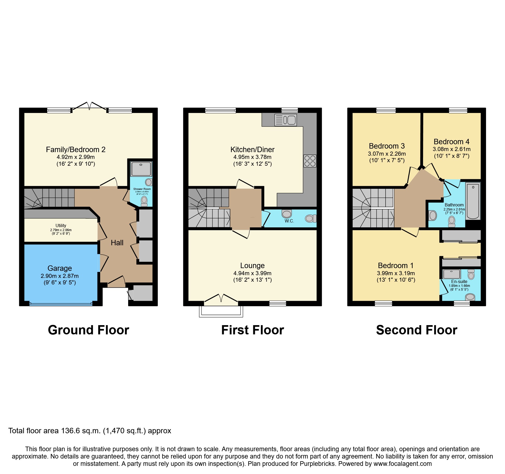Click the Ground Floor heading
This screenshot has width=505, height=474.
point(89,330)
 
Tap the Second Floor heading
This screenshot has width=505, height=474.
point(416,330)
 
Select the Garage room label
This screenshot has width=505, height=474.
point(60,268)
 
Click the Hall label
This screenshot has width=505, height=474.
point(117,243)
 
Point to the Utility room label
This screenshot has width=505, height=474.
point(61,225)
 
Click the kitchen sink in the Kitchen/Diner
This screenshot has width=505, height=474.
point(286,120)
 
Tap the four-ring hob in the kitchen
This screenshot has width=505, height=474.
point(310,161)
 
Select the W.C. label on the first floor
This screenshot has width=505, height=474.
point(289,221)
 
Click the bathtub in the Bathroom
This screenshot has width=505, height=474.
point(473,201)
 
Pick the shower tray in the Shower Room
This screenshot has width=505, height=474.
point(141,169)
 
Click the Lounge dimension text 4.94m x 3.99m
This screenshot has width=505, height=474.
point(252,273)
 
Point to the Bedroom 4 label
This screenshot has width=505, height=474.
point(452,142)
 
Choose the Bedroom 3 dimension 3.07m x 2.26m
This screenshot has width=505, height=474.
point(387,154)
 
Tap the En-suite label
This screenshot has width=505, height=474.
point(459,281)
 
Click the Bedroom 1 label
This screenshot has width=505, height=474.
point(396,265)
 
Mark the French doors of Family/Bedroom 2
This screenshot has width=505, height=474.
point(90,106)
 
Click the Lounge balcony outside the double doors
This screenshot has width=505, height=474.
point(221,312)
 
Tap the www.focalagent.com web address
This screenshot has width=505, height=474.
point(403,464)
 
